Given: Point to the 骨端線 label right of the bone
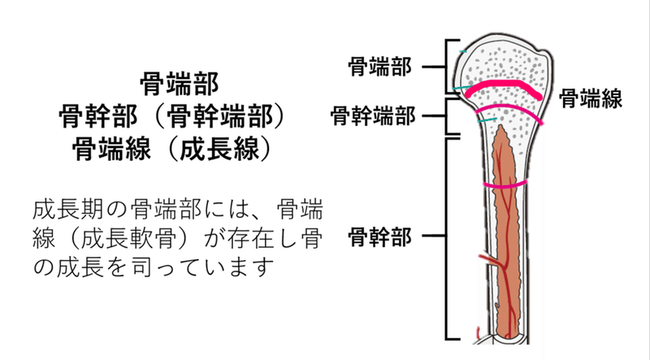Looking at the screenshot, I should click(591, 100).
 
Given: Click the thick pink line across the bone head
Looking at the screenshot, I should click(504, 88).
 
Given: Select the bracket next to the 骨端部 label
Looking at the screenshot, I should click(446, 67).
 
